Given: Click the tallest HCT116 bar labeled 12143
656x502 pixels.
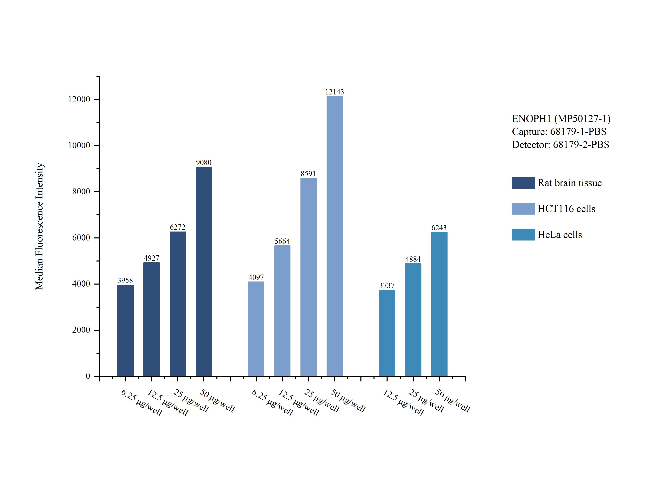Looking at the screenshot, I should click(x=334, y=236).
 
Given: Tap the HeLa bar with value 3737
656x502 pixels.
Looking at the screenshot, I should click(x=387, y=333).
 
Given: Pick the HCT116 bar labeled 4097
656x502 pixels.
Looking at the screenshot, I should click(x=256, y=329).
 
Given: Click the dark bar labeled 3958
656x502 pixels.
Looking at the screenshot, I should click(x=125, y=330).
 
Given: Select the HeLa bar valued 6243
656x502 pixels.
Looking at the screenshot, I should click(x=439, y=304).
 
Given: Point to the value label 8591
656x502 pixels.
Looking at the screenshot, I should click(x=308, y=174).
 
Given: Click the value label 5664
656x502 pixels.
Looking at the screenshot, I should click(x=282, y=241).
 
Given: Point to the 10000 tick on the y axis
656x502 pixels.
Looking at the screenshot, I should click(x=79, y=145).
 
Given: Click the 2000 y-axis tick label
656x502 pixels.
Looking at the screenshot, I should click(x=81, y=330).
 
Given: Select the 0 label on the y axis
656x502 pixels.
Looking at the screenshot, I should click(x=88, y=376).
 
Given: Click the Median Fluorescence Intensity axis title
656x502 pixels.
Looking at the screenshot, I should click(x=39, y=226).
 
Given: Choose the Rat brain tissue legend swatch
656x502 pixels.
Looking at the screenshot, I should click(x=523, y=183).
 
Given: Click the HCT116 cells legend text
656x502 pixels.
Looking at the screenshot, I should click(x=566, y=208).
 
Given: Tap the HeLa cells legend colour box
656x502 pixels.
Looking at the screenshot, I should click(x=523, y=235).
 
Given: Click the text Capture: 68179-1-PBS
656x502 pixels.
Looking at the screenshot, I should click(x=559, y=132).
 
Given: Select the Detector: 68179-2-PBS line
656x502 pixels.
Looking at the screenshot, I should click(x=560, y=145).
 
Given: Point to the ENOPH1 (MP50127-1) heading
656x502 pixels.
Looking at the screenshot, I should click(x=561, y=119).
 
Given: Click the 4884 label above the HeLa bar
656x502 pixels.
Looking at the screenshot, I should click(x=413, y=259).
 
